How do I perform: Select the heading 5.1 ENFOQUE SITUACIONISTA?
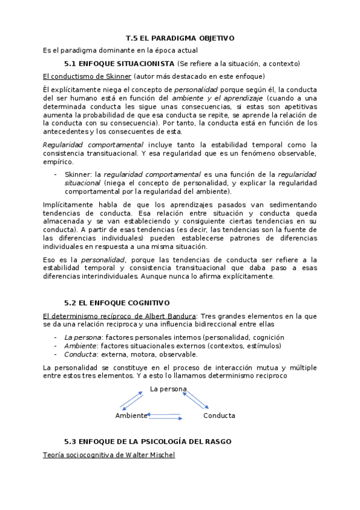pyautogui.click(x=120, y=63)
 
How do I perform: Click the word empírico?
pyautogui.click(x=58, y=161)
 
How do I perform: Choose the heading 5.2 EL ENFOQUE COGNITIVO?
pyautogui.click(x=117, y=303)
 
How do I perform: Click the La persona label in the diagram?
pyautogui.click(x=169, y=389)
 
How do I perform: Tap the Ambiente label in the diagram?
pyautogui.click(x=131, y=416)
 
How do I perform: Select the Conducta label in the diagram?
pyautogui.click(x=219, y=416)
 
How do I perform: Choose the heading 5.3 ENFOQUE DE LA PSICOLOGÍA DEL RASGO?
pyautogui.click(x=147, y=441)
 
